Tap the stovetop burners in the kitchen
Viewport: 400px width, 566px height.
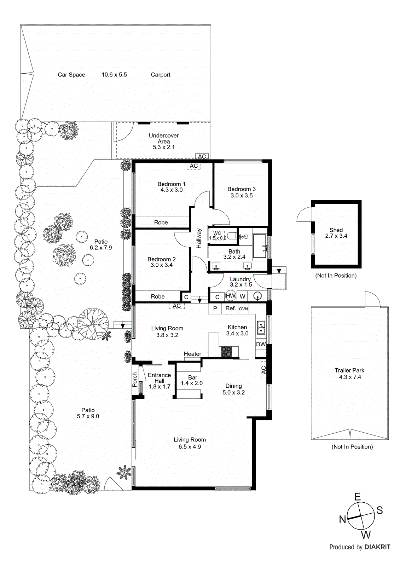click(226, 351)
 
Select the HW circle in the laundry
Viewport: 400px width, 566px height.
click(231, 296)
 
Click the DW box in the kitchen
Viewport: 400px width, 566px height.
click(261, 344)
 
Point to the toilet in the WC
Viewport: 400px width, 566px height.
click(232, 235)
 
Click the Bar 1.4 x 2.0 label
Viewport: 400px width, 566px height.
click(192, 380)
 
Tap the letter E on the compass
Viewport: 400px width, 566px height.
click(358, 497)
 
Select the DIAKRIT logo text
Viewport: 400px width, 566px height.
click(377, 547)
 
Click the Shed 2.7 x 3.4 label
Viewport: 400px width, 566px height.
click(336, 233)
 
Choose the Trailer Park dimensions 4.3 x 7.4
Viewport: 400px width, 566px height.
click(350, 377)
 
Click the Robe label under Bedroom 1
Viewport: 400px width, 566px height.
click(161, 223)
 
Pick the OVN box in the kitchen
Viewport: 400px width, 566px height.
click(243, 309)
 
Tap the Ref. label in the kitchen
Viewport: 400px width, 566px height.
click(231, 308)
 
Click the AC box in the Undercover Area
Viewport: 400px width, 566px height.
click(202, 156)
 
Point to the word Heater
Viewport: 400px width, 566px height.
click(192, 354)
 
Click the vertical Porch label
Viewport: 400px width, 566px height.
click(135, 380)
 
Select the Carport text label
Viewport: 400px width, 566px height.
click(161, 75)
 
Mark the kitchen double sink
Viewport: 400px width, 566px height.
click(261, 328)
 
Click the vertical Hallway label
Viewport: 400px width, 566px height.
click(199, 238)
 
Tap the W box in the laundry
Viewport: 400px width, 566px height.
click(243, 296)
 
